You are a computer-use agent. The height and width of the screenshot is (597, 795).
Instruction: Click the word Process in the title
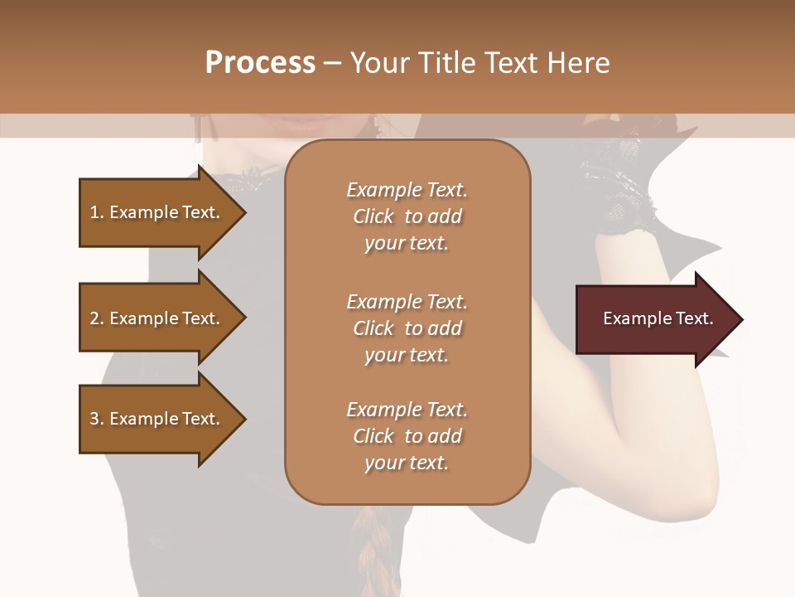[x=260, y=63]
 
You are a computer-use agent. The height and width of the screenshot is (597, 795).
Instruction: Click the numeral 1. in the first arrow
[x=96, y=212]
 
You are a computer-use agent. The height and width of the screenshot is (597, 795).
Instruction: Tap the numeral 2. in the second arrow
[x=96, y=318]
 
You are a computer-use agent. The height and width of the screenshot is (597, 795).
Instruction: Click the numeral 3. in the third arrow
[x=96, y=419]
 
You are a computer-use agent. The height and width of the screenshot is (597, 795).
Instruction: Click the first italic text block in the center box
[x=407, y=216]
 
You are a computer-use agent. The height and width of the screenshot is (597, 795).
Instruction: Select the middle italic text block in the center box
[x=407, y=328]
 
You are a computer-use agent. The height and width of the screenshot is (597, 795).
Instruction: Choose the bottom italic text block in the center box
[x=407, y=436]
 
